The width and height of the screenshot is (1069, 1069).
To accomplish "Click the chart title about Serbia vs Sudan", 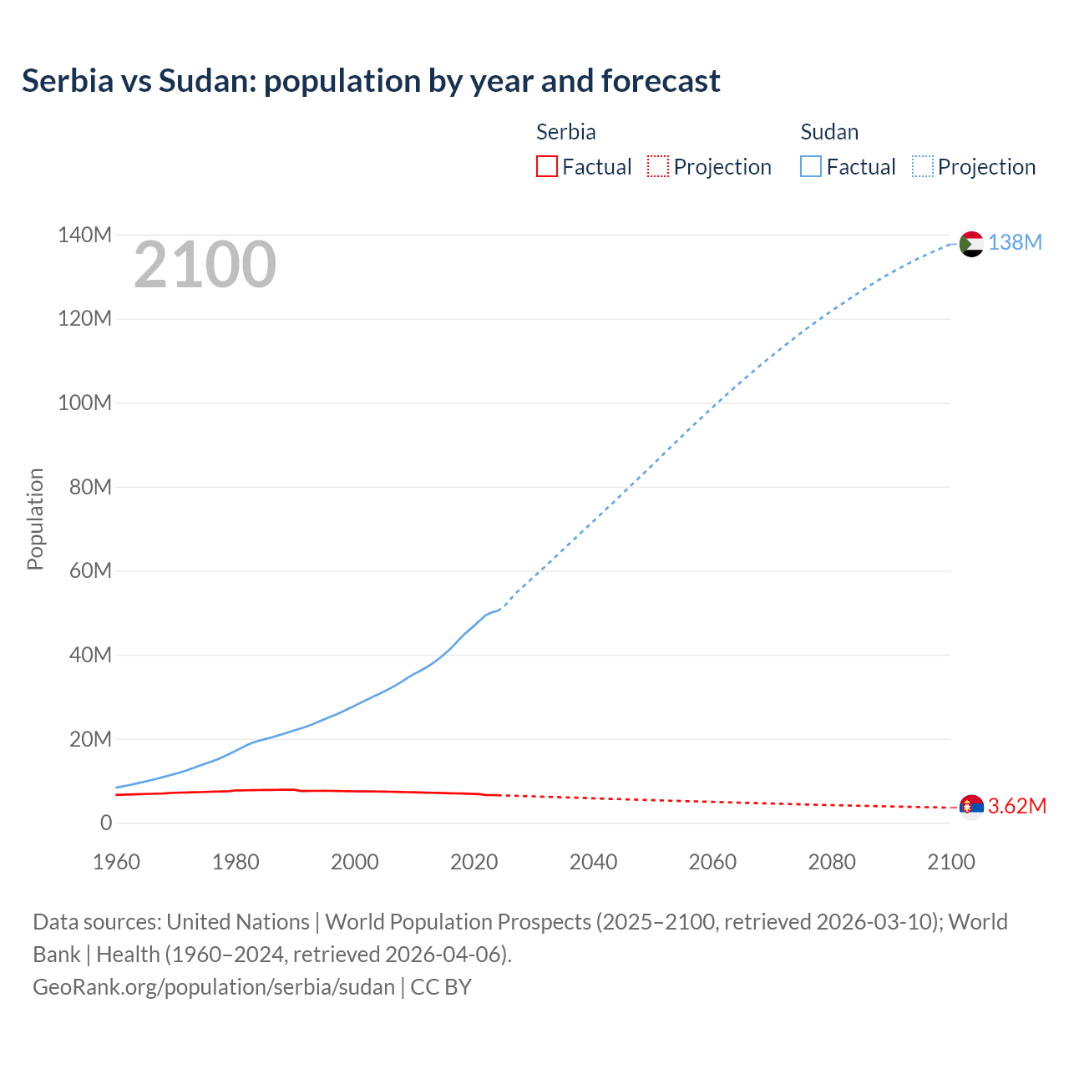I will [371, 81].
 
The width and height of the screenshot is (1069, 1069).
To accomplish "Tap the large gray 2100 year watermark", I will [205, 265].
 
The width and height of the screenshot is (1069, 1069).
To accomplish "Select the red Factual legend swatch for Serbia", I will [546, 166].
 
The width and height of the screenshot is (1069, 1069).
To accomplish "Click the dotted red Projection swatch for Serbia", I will [658, 166].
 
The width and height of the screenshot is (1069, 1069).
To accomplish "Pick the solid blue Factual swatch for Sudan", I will [811, 166].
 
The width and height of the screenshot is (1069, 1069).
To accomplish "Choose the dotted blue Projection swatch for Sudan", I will [923, 166].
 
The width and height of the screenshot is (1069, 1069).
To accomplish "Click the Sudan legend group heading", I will [829, 132].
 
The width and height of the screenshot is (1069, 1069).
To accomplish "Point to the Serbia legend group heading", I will [565, 132].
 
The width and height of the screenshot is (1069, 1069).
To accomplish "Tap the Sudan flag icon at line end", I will [971, 244].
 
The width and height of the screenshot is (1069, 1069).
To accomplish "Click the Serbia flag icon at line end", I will [971, 807].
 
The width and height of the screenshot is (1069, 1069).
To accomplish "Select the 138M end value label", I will [1015, 242].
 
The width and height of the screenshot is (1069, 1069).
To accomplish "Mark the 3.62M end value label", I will [1016, 806].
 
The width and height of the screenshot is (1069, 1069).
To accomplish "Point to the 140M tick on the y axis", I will [84, 235].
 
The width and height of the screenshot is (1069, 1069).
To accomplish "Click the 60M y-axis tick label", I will [90, 570].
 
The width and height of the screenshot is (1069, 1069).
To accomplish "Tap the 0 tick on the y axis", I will [105, 823].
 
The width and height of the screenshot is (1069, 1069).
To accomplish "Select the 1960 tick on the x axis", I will [116, 862].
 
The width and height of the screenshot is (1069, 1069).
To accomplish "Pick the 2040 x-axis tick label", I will [593, 862].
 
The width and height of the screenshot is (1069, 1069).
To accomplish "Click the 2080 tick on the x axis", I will [832, 862].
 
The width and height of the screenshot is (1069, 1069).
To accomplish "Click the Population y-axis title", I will [35, 519].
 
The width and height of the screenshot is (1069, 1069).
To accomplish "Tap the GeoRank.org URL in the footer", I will [214, 986].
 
